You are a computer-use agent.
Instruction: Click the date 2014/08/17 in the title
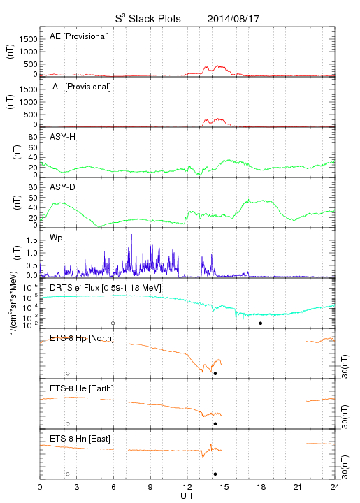233,19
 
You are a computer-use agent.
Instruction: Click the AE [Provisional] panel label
79,36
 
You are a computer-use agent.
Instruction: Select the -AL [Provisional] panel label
80,87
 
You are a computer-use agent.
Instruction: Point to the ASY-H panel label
62,137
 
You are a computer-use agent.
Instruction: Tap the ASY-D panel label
62,187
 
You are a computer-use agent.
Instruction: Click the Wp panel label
56,238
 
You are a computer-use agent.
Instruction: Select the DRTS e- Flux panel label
106,288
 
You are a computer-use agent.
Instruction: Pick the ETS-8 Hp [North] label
82,338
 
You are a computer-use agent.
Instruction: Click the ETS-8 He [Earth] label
82,388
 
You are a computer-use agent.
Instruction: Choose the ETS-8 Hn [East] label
80,439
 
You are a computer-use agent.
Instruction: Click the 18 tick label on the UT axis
261,487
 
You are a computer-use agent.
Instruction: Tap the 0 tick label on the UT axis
40,487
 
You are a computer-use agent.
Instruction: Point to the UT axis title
187,496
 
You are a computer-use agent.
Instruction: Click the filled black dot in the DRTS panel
261,323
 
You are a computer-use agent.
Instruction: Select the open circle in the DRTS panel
113,323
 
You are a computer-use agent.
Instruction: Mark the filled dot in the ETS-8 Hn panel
215,474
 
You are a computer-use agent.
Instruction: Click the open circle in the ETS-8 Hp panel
68,374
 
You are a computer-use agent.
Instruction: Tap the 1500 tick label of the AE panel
28,39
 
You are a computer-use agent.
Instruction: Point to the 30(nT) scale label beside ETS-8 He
345,416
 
